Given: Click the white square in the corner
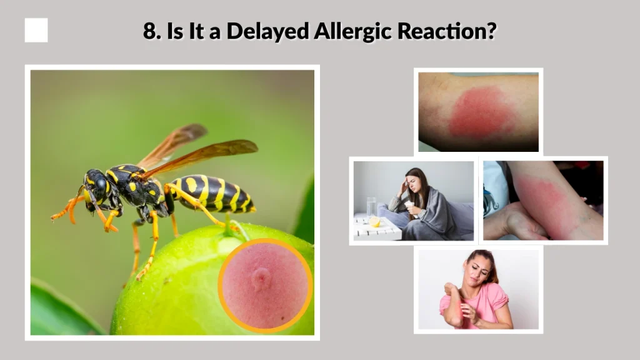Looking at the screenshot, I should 36,30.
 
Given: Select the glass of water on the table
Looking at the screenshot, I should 371,207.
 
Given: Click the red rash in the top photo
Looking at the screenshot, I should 481,112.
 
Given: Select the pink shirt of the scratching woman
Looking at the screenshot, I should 484,300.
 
